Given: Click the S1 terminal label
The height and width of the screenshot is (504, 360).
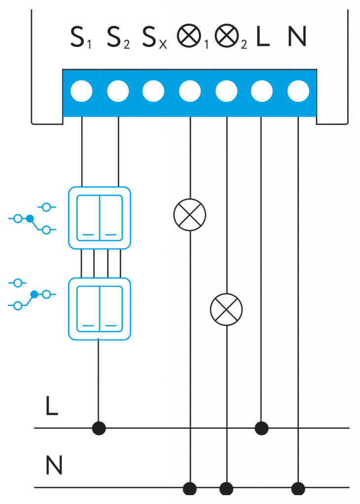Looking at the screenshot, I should [x=80, y=38].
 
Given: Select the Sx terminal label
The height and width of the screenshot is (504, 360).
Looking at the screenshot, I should [x=154, y=38].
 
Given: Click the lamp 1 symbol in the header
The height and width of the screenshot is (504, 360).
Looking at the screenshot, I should [x=190, y=36].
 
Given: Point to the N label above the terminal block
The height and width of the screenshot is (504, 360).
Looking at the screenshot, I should [x=297, y=36].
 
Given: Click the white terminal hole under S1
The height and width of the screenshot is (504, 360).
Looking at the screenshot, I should [x=81, y=91].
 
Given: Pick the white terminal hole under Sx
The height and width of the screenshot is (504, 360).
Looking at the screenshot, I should [x=153, y=91].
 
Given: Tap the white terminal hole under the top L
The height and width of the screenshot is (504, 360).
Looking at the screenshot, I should [x=262, y=91].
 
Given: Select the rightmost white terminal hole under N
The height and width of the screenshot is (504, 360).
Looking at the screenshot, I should [x=298, y=91].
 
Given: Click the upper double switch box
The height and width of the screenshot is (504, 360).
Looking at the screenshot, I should [x=99, y=218].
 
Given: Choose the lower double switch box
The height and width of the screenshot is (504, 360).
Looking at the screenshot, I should [x=99, y=309].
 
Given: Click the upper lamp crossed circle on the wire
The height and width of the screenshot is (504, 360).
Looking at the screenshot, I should [x=190, y=215].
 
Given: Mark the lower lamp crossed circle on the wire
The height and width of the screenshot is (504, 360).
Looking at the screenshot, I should [x=226, y=310].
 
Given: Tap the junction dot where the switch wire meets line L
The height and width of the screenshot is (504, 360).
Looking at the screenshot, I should [x=99, y=428].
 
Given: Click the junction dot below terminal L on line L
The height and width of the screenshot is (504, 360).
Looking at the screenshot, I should [x=262, y=428].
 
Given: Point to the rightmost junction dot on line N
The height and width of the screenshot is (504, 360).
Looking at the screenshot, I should [x=298, y=489].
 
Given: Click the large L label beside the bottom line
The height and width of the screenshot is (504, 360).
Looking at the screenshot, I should [x=52, y=406].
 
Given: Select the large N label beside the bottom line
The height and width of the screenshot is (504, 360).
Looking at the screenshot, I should [x=54, y=465].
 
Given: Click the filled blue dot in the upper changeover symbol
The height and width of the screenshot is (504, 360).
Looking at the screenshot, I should [x=30, y=218].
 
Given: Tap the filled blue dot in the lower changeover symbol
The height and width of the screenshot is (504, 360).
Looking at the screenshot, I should [x=34, y=295].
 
